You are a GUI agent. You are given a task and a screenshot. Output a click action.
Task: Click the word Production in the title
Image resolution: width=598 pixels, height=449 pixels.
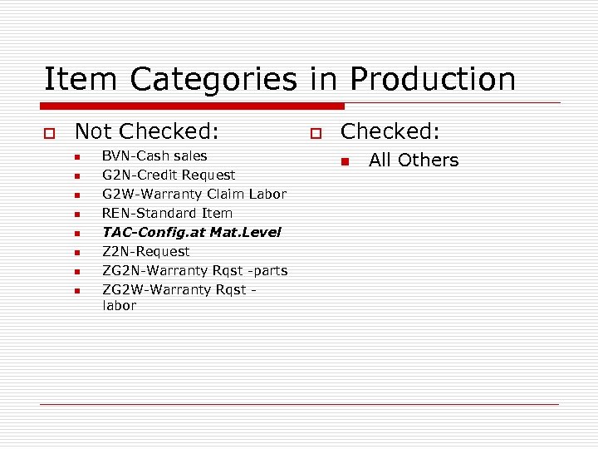tap(433, 80)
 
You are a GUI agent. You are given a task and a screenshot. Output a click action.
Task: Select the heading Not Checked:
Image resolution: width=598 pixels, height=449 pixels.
tap(147, 131)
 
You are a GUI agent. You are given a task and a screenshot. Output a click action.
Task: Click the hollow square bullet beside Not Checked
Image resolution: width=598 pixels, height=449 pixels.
tap(50, 133)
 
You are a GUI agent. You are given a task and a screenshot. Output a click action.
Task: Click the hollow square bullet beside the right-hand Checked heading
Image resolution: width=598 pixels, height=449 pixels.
tap(316, 133)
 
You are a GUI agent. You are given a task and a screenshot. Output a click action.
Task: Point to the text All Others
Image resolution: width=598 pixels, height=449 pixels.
tap(413, 160)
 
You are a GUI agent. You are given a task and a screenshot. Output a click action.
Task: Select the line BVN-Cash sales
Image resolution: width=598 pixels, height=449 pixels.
tap(154, 155)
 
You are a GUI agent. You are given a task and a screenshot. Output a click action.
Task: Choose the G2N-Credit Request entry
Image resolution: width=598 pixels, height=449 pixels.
tap(169, 175)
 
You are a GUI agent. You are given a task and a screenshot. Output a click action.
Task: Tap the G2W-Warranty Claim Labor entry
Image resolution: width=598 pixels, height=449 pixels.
tap(194, 194)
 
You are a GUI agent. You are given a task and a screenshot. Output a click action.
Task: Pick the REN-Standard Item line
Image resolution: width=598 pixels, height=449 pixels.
tap(167, 213)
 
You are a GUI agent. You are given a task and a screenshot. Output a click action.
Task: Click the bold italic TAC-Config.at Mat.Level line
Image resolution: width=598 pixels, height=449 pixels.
tap(192, 232)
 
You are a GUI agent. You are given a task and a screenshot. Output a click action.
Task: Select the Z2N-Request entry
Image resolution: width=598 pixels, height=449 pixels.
tap(146, 251)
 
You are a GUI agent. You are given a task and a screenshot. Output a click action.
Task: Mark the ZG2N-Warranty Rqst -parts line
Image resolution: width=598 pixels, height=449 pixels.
tap(195, 270)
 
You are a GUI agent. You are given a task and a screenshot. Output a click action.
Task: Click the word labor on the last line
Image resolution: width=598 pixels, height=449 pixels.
tap(120, 305)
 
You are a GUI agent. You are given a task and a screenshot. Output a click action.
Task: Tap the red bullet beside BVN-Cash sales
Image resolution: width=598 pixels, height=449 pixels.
tap(76, 157)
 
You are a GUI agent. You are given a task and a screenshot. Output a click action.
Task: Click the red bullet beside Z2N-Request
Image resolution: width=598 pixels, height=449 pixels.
tap(76, 253)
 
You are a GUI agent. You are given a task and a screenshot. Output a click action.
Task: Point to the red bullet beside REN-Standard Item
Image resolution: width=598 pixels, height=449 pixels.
tap(76, 215)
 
